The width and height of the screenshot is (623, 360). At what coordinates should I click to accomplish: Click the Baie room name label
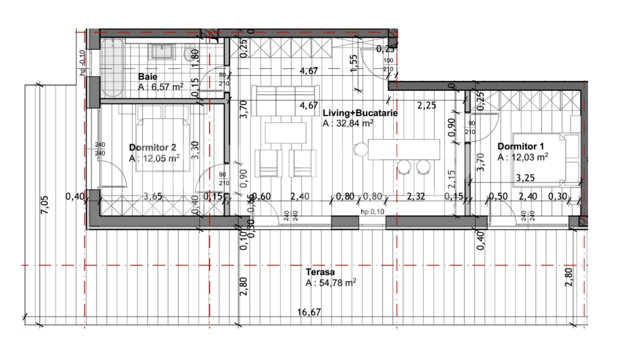point(148,77)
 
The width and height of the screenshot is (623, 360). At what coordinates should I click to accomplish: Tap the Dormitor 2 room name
point(152,148)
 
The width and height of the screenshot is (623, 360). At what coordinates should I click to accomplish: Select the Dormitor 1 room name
point(520,146)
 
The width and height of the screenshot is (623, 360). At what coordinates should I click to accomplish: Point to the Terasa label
point(320,272)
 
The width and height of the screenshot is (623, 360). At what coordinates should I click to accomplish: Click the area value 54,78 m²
point(331,283)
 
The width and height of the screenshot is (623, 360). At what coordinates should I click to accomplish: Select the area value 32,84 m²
point(348,123)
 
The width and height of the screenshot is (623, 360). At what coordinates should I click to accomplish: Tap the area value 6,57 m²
point(160,87)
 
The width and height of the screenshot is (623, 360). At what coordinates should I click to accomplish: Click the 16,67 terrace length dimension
point(309,312)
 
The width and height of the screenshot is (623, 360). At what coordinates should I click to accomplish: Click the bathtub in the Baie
point(113,68)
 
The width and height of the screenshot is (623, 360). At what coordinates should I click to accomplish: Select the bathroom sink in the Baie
point(162,51)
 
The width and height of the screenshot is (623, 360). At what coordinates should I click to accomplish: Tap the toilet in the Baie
point(188,54)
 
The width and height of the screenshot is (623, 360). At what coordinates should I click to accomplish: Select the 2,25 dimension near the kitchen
point(426,105)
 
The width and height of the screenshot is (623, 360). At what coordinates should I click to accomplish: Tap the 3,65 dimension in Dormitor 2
point(153,197)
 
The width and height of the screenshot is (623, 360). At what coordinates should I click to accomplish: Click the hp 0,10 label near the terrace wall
point(372,212)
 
